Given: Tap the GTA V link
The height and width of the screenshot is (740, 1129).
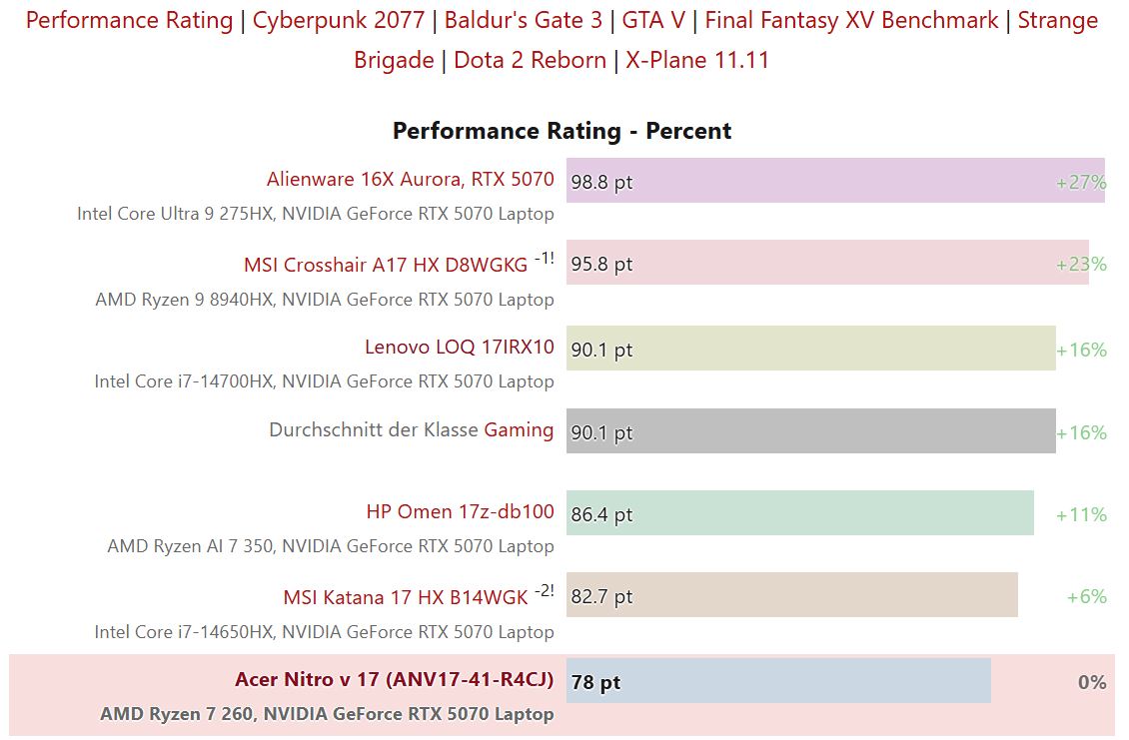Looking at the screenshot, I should (653, 20).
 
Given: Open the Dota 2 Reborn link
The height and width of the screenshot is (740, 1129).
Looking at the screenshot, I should (530, 60).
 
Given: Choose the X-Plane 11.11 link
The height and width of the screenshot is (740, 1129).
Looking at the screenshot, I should (697, 60).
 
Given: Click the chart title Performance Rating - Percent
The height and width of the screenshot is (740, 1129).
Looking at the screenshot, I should (562, 131).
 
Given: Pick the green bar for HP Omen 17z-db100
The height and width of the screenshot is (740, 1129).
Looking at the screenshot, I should (799, 513).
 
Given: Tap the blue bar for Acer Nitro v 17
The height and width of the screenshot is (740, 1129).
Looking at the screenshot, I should (778, 681).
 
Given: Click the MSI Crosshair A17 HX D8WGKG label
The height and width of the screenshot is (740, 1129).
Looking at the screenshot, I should (386, 265).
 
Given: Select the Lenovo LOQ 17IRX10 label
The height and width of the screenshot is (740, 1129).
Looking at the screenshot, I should (459, 347).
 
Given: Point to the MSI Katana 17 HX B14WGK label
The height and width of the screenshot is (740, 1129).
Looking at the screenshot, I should (405, 597).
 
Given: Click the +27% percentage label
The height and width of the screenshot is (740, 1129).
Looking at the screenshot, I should (1081, 183).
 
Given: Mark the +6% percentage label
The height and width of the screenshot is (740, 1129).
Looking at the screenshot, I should (1086, 597).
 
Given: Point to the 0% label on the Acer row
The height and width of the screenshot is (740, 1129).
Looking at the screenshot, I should (1092, 682).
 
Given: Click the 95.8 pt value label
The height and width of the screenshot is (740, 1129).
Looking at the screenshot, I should (601, 265).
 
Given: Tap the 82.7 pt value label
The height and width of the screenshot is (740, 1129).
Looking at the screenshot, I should (601, 597).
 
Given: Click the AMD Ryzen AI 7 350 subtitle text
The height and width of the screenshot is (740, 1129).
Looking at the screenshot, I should (331, 546).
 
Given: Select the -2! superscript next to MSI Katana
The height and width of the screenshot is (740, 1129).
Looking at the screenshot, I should (544, 590).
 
